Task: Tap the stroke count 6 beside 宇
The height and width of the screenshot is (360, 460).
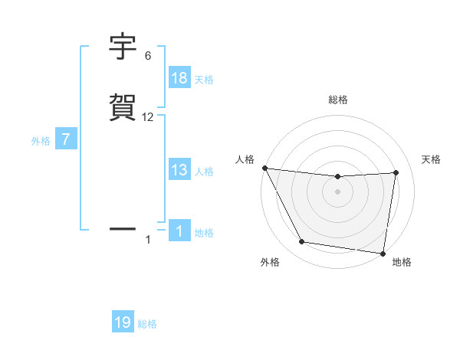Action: coord(148,56)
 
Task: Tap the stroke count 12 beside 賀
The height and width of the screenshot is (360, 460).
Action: coord(148,117)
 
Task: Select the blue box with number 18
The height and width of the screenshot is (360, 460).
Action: coord(179,78)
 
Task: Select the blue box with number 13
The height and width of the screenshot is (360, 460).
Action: coord(179,170)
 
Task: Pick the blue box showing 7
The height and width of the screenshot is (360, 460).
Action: coord(66,140)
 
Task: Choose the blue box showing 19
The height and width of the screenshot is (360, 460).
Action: coord(123,322)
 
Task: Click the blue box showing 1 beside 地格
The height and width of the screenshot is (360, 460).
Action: coord(179,231)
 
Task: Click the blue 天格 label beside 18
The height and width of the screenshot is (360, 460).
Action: coord(204,80)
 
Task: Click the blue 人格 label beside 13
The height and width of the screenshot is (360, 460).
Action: coord(204,172)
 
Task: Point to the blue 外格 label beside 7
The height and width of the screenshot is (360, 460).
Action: coord(40,141)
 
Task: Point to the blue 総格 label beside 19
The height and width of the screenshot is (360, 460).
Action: coord(147,324)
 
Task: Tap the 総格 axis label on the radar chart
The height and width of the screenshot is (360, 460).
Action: coord(337,100)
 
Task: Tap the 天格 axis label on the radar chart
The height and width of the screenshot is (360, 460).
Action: coord(432,159)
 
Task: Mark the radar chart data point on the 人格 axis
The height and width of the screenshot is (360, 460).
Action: coord(264,168)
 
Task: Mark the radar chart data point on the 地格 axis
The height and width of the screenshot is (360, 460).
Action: coord(383,253)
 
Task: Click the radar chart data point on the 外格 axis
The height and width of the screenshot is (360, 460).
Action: coord(301,242)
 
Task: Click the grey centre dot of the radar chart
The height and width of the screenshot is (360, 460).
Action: coord(337,191)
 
